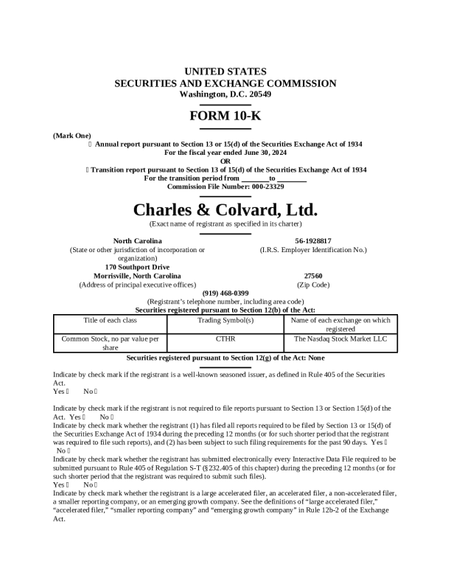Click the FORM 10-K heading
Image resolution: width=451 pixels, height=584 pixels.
225,116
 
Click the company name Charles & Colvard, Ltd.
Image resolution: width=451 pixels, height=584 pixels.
225,209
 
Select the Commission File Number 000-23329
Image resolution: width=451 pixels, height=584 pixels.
225,187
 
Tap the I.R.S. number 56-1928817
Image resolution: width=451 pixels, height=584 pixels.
312,240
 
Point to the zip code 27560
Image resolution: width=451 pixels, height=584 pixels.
312,276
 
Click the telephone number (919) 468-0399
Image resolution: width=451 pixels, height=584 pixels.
225,293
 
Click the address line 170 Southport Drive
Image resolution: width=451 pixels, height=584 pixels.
137,267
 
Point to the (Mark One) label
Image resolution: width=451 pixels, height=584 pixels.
72,136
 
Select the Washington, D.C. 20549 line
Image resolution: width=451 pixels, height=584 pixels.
225,94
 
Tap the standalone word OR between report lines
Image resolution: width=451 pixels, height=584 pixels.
225,161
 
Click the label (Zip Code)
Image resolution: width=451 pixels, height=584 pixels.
312,285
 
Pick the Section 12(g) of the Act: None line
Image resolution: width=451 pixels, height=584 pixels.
225,358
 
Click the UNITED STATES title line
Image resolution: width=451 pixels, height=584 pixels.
225,72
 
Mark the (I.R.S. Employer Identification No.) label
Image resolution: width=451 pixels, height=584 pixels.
312,250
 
